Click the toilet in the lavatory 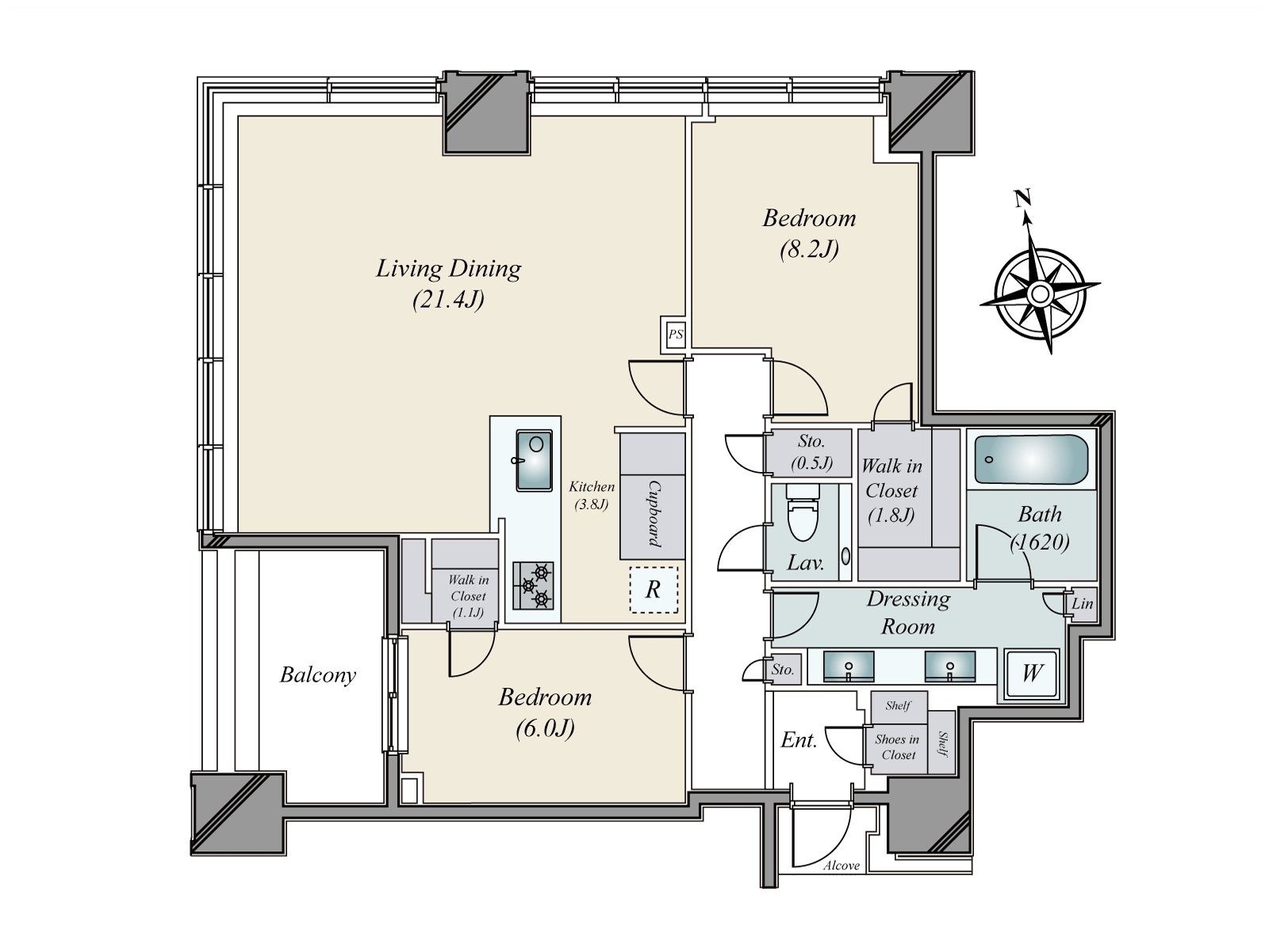(x=803, y=512)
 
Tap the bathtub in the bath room (x=1031, y=460)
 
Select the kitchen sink (x=534, y=460)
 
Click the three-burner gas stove (x=533, y=585)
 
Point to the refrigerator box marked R (x=654, y=589)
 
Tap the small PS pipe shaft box (x=675, y=334)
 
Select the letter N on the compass (x=1022, y=198)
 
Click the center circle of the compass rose (x=1040, y=294)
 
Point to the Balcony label (x=318, y=675)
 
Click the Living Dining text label (x=449, y=269)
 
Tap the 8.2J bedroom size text (x=809, y=249)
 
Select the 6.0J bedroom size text (x=545, y=728)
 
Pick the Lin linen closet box (x=1081, y=605)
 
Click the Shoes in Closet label (x=897, y=747)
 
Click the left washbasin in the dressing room (x=848, y=666)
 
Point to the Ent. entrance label (x=799, y=740)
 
